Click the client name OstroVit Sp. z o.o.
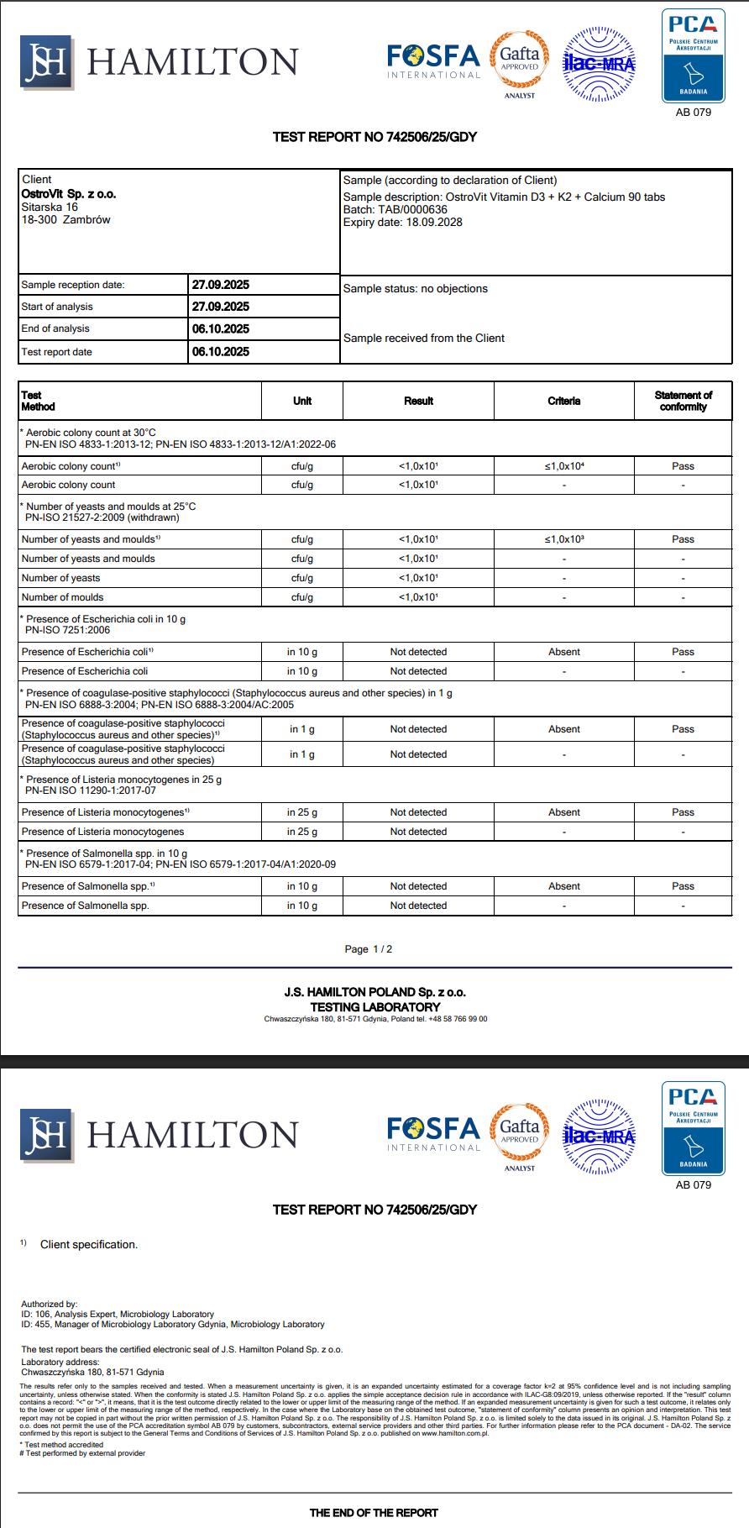pyautogui.click(x=69, y=194)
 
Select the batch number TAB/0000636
pyautogui.click(x=418, y=210)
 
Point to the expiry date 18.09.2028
pyautogui.click(x=434, y=223)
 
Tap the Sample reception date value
pyautogui.click(x=221, y=285)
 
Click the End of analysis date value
pyautogui.click(x=221, y=328)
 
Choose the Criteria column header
pyautogui.click(x=564, y=401)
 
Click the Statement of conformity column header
pyautogui.click(x=683, y=401)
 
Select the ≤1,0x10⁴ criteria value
pyautogui.click(x=564, y=465)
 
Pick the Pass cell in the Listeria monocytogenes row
pyautogui.click(x=683, y=812)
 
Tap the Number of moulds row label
pyautogui.click(x=63, y=597)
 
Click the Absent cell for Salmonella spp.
pyautogui.click(x=564, y=886)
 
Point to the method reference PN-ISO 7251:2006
pyautogui.click(x=67, y=630)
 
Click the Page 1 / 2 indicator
pyautogui.click(x=369, y=949)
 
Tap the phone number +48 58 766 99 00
pyautogui.click(x=458, y=1019)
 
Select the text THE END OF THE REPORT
pyautogui.click(x=374, y=1513)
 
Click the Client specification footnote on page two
pyautogui.click(x=88, y=1245)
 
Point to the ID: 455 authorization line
pyautogui.click(x=172, y=1325)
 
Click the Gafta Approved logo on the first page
pyautogui.click(x=519, y=60)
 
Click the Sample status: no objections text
pyautogui.click(x=416, y=289)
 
